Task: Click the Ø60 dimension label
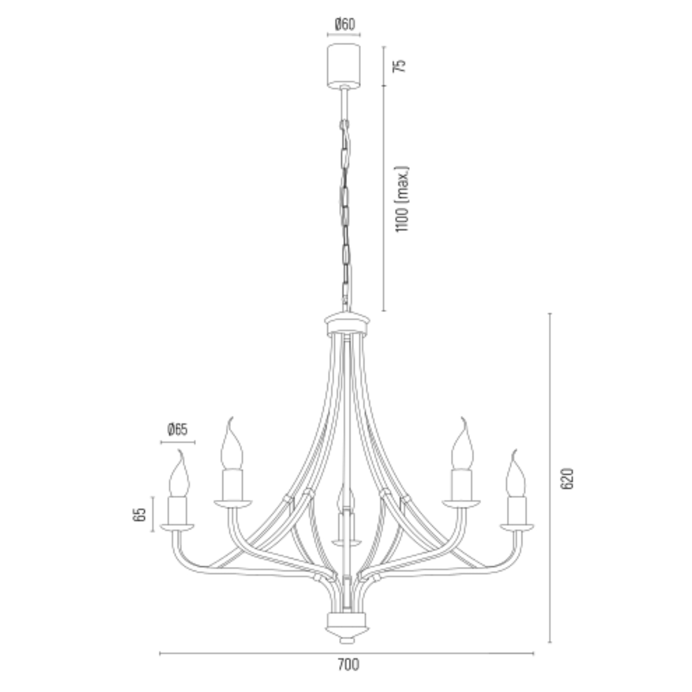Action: (x=345, y=24)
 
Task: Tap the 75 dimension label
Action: (x=399, y=65)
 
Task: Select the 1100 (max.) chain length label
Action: (x=402, y=199)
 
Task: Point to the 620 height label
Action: (x=567, y=479)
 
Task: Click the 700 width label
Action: (x=348, y=664)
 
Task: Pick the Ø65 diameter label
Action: (x=177, y=429)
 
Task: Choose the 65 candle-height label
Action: (x=139, y=514)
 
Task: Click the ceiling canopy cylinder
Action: (x=344, y=65)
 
